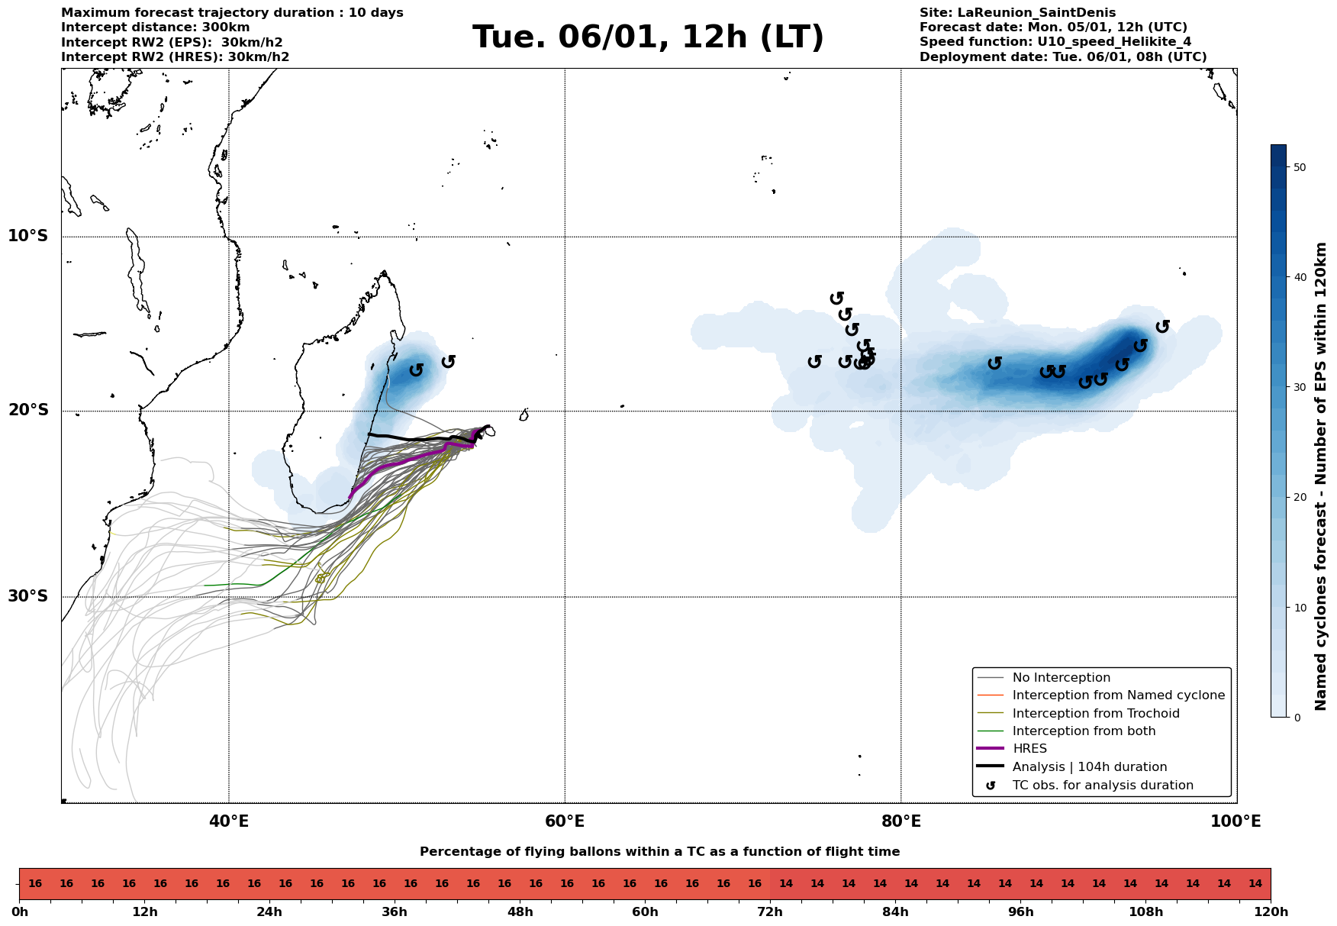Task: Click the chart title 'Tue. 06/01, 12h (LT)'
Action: [x=648, y=37]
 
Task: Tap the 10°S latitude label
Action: [x=28, y=236]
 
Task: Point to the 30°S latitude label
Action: [x=28, y=596]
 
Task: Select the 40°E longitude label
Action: [x=229, y=821]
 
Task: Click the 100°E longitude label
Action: [x=1236, y=821]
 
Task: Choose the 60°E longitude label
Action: [x=565, y=821]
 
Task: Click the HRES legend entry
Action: [x=1029, y=749]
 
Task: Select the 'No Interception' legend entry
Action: [x=1061, y=678]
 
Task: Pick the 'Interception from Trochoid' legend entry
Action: [x=1095, y=714]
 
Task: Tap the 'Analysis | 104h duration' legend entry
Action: [x=1089, y=766]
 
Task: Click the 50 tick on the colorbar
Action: [x=1299, y=167]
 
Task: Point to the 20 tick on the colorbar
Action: [x=1299, y=498]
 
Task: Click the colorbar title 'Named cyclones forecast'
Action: [x=1322, y=476]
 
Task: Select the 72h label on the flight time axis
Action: [x=770, y=912]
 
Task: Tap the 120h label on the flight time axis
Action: [x=1271, y=912]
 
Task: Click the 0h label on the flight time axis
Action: [x=20, y=912]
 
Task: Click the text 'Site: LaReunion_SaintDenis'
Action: [x=1017, y=13]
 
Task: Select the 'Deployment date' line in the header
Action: [x=1063, y=57]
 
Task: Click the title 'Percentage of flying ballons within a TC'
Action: [x=659, y=852]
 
